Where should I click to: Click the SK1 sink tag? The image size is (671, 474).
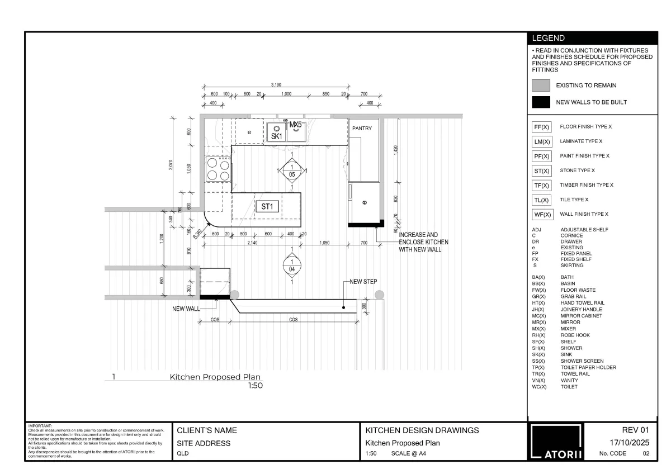click(276, 136)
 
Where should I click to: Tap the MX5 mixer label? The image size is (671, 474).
click(295, 124)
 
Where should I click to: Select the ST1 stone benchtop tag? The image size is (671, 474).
click(267, 207)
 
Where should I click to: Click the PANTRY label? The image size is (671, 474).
click(362, 129)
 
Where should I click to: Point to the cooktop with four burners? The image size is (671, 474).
click(218, 169)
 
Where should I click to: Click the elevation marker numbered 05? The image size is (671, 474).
click(292, 171)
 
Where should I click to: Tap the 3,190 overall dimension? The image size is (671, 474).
click(276, 84)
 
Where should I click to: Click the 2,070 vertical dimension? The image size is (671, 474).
click(171, 165)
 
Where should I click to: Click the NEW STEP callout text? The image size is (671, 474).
click(363, 282)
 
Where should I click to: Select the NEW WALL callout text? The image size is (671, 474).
click(186, 308)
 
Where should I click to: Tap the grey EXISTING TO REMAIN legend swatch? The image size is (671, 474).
click(541, 86)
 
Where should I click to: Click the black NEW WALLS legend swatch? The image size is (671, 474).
click(541, 102)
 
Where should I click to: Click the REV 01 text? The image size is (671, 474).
click(635, 430)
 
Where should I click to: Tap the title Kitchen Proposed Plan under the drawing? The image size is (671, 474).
click(215, 377)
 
